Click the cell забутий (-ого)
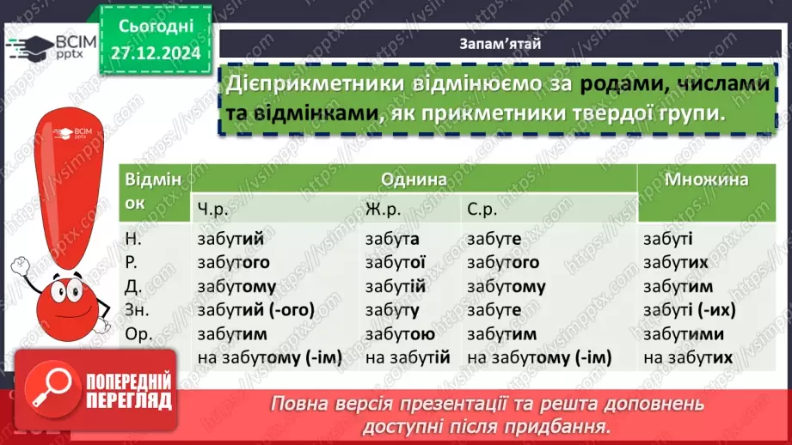pyautogui.click(x=255, y=310)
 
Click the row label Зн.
pyautogui.click(x=136, y=310)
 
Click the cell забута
pyautogui.click(x=392, y=240)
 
